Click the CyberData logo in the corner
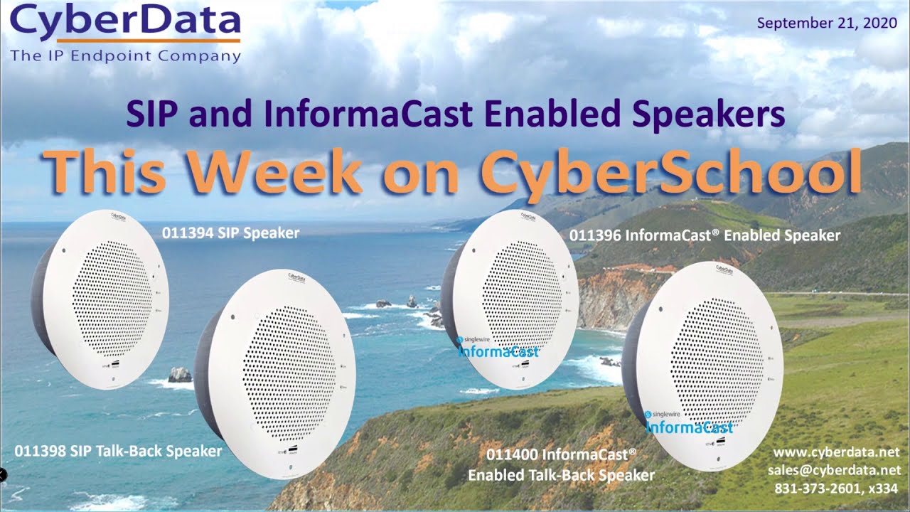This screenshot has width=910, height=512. [125, 23]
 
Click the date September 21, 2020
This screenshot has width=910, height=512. [827, 23]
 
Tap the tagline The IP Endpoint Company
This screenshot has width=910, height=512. [126, 56]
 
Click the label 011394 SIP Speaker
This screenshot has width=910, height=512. [230, 233]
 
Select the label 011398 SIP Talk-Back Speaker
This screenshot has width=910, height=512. [118, 451]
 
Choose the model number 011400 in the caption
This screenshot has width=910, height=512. [512, 453]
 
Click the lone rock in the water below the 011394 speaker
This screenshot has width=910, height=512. [180, 374]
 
